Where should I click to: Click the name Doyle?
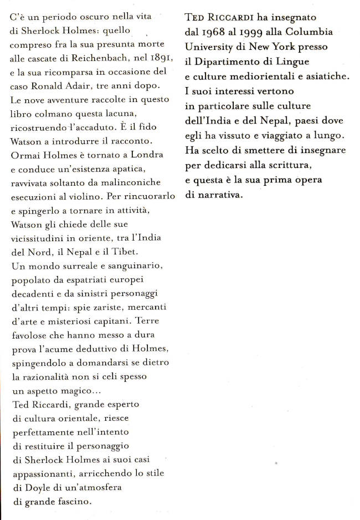pos(34,487)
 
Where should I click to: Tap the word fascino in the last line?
pos(74,501)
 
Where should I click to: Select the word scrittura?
pos(303,166)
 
